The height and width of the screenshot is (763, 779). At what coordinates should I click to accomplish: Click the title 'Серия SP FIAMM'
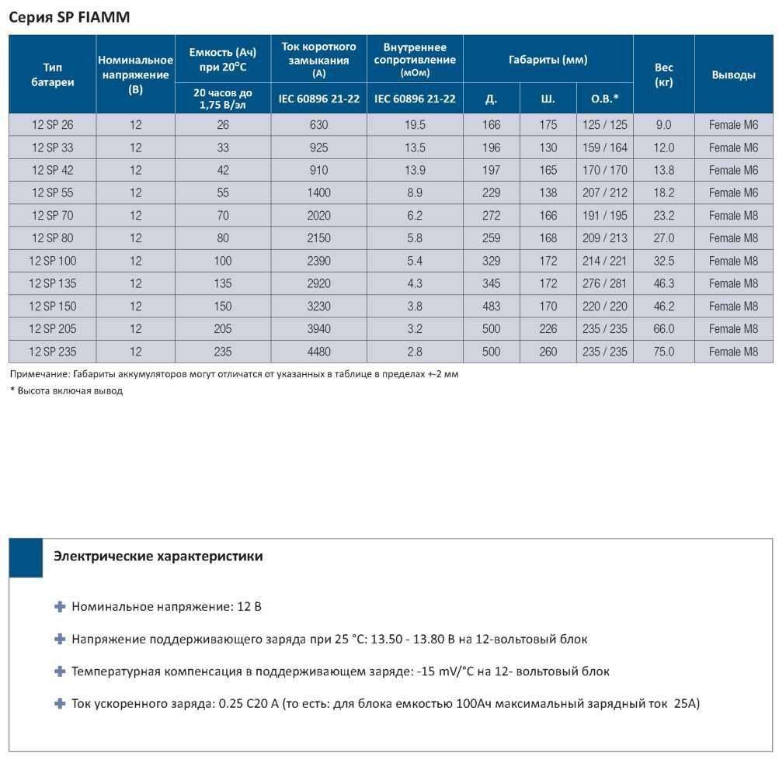(x=69, y=17)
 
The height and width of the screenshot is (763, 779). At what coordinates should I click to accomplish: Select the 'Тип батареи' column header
(x=52, y=75)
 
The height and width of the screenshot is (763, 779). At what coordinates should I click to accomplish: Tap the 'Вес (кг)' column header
(x=664, y=75)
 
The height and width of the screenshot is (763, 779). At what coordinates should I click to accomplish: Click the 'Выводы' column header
(x=733, y=75)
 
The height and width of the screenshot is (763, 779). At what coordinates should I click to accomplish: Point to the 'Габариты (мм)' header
(x=548, y=60)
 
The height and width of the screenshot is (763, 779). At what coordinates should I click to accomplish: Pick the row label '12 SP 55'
(x=52, y=192)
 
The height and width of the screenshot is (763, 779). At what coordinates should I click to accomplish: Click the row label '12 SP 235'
(x=52, y=352)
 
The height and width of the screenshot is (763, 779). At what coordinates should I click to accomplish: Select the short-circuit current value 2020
(x=318, y=216)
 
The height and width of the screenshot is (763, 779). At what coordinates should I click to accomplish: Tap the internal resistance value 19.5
(x=415, y=125)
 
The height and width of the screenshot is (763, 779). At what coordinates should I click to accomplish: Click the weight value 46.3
(x=664, y=283)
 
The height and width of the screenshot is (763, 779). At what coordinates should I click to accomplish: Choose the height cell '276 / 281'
(x=604, y=283)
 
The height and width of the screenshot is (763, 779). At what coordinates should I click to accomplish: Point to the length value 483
(x=492, y=307)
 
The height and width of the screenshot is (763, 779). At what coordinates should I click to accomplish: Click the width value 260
(x=548, y=352)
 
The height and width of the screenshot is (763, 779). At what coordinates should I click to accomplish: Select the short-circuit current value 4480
(x=318, y=352)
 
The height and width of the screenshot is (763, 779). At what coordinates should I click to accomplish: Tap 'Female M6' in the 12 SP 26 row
(x=733, y=125)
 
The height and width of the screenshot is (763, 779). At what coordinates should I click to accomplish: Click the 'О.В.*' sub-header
(x=604, y=99)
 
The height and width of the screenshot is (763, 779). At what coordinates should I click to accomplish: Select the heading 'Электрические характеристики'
(x=158, y=556)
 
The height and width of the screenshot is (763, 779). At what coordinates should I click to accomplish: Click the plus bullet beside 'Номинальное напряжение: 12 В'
(x=60, y=607)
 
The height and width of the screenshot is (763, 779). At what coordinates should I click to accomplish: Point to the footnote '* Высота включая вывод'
(x=66, y=390)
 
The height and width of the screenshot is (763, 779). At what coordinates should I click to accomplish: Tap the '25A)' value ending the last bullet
(x=687, y=703)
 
